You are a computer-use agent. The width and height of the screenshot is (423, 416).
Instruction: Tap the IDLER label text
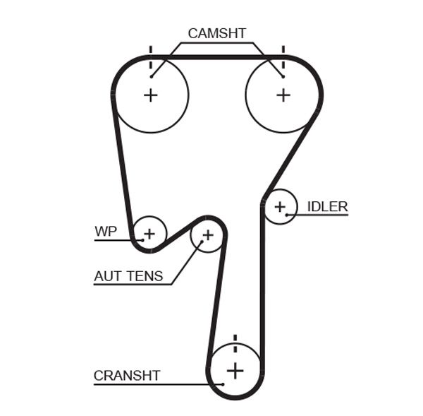pos(327,206)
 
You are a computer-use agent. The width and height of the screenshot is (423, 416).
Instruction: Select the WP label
pos(105,231)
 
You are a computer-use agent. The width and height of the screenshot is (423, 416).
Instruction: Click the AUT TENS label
pos(128,276)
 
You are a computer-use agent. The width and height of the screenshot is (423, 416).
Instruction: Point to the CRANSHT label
pos(127,375)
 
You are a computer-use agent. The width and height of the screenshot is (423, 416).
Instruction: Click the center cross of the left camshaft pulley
pos(150,95)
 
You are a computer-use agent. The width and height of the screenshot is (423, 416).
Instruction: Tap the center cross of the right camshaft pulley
pos(283,95)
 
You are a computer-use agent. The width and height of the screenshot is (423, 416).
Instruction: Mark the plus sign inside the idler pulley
pos(281,206)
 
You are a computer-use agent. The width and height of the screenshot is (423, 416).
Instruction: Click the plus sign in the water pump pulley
pos(149,232)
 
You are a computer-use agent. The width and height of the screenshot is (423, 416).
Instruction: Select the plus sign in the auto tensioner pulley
pos(207,234)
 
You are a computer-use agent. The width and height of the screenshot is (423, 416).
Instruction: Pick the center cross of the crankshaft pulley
pos(235,370)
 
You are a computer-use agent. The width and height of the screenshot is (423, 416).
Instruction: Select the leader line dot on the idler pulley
pos(287,214)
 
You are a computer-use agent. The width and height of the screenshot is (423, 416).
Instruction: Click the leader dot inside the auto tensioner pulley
pos(201,242)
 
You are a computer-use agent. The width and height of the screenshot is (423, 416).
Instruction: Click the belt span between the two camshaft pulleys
pos(216,56)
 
